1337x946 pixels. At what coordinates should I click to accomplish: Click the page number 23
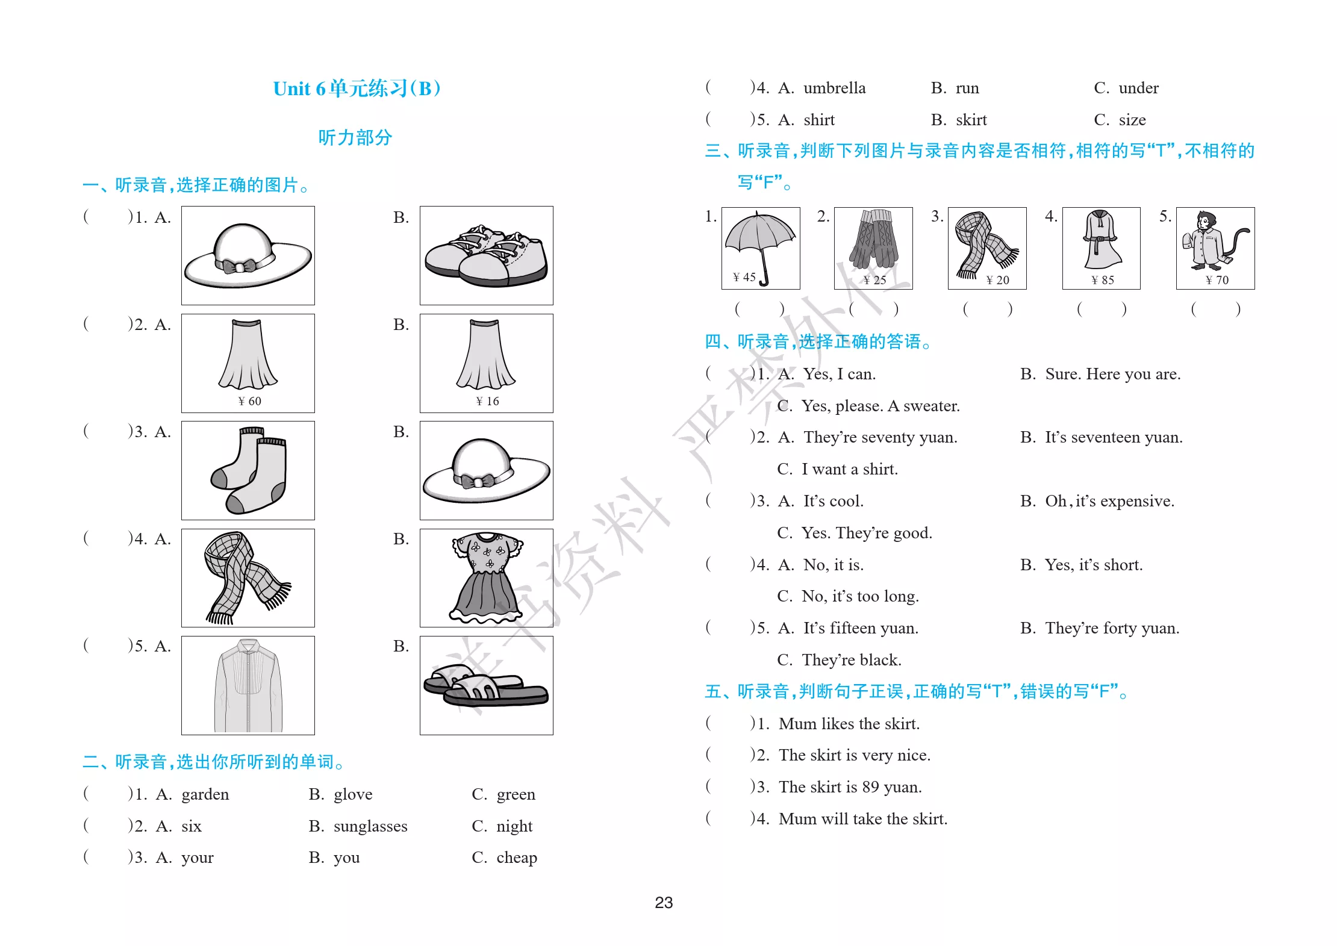click(664, 902)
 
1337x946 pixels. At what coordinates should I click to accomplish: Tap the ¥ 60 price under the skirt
click(249, 401)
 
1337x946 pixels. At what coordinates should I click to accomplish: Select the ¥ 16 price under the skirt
click(487, 401)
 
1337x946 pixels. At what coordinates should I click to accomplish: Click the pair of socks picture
click(249, 470)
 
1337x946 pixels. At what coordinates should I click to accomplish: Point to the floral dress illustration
click(487, 577)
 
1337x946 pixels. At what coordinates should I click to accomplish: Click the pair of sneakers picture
click(486, 256)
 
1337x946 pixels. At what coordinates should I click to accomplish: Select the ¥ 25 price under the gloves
click(874, 280)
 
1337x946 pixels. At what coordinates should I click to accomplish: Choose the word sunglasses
click(370, 826)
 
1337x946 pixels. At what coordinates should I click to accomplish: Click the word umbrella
click(835, 88)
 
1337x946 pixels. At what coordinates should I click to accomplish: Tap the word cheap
click(517, 857)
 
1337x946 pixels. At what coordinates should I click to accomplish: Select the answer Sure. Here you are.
click(1113, 374)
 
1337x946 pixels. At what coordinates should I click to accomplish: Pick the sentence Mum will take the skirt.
click(863, 819)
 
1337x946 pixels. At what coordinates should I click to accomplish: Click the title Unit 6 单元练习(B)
click(357, 89)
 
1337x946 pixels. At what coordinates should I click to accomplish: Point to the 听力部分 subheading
click(355, 137)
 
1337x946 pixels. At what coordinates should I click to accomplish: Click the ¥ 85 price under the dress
click(1103, 280)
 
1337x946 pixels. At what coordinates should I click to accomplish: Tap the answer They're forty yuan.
click(1112, 628)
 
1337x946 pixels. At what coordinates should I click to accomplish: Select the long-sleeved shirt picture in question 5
click(248, 686)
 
